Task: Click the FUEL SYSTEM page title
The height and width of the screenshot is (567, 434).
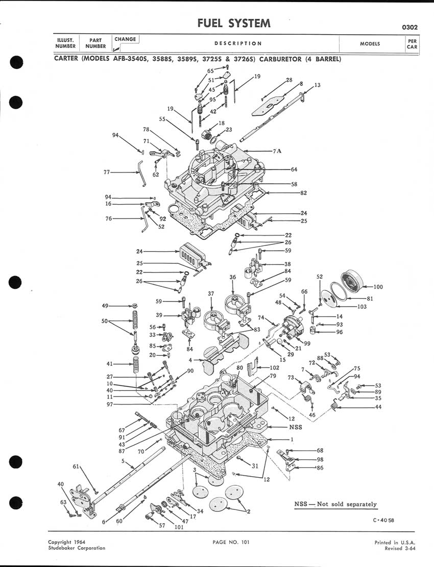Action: point(234,23)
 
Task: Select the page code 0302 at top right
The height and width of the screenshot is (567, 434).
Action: point(409,28)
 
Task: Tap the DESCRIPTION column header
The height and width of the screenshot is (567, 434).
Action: point(238,43)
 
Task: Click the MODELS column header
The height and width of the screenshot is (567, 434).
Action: point(370,44)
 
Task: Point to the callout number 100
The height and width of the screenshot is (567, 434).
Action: point(378,287)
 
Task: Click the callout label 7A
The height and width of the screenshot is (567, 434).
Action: point(277,151)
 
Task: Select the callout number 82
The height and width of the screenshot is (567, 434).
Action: point(303,193)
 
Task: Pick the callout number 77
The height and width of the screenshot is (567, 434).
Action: point(107,172)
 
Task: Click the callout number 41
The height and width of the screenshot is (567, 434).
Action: point(110,364)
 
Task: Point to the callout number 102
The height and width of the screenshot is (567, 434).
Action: point(275,368)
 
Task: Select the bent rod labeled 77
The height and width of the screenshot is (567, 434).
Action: point(141,174)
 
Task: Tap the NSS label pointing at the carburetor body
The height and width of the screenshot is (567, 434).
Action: point(296,427)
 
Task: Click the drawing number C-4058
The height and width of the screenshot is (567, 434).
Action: point(383,521)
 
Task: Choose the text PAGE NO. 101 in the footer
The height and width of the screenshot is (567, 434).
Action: point(231,542)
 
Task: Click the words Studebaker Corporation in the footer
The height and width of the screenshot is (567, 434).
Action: point(77,548)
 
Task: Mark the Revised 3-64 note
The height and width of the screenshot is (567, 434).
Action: point(400,548)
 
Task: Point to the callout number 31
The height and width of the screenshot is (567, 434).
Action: point(255,466)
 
